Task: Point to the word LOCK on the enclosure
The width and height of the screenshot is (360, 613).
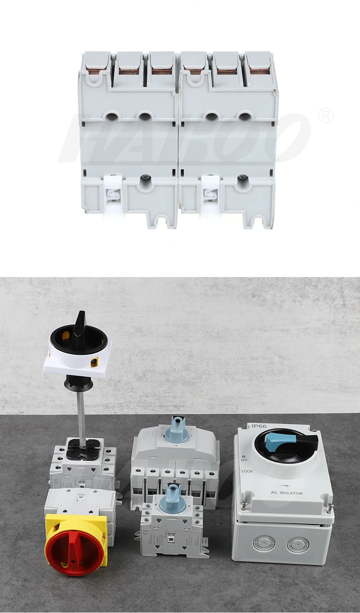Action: pyautogui.click(x=247, y=471)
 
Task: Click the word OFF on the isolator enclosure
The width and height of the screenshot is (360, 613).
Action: pyautogui.click(x=244, y=460)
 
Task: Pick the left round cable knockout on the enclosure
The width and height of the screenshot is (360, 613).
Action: pyautogui.click(x=261, y=544)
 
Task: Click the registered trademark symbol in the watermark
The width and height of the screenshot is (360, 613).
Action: pyautogui.click(x=325, y=116)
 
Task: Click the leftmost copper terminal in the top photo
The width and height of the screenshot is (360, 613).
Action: pyautogui.click(x=97, y=70)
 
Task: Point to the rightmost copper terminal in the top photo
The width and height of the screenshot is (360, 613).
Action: pyautogui.click(x=260, y=71)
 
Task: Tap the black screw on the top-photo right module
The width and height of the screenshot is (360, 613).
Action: pyautogui.click(x=244, y=178)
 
